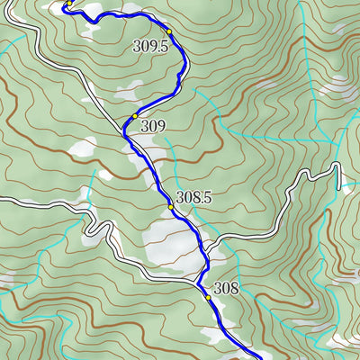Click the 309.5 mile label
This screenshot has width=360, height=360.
click(150, 46)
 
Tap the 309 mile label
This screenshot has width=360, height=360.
click(153, 127)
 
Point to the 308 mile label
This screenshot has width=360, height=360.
click(226, 289)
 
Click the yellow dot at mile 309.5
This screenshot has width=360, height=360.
click(168, 31)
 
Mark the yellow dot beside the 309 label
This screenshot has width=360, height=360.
click(134, 116)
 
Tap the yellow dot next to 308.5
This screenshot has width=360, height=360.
click(170, 207)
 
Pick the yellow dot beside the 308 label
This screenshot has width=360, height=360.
click(208, 297)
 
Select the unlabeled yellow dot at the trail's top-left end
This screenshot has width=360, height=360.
click(67, 4)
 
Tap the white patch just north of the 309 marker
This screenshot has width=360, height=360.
click(130, 91)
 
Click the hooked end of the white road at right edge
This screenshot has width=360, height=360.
click(338, 175)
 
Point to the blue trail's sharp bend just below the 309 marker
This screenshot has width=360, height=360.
click(125, 133)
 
